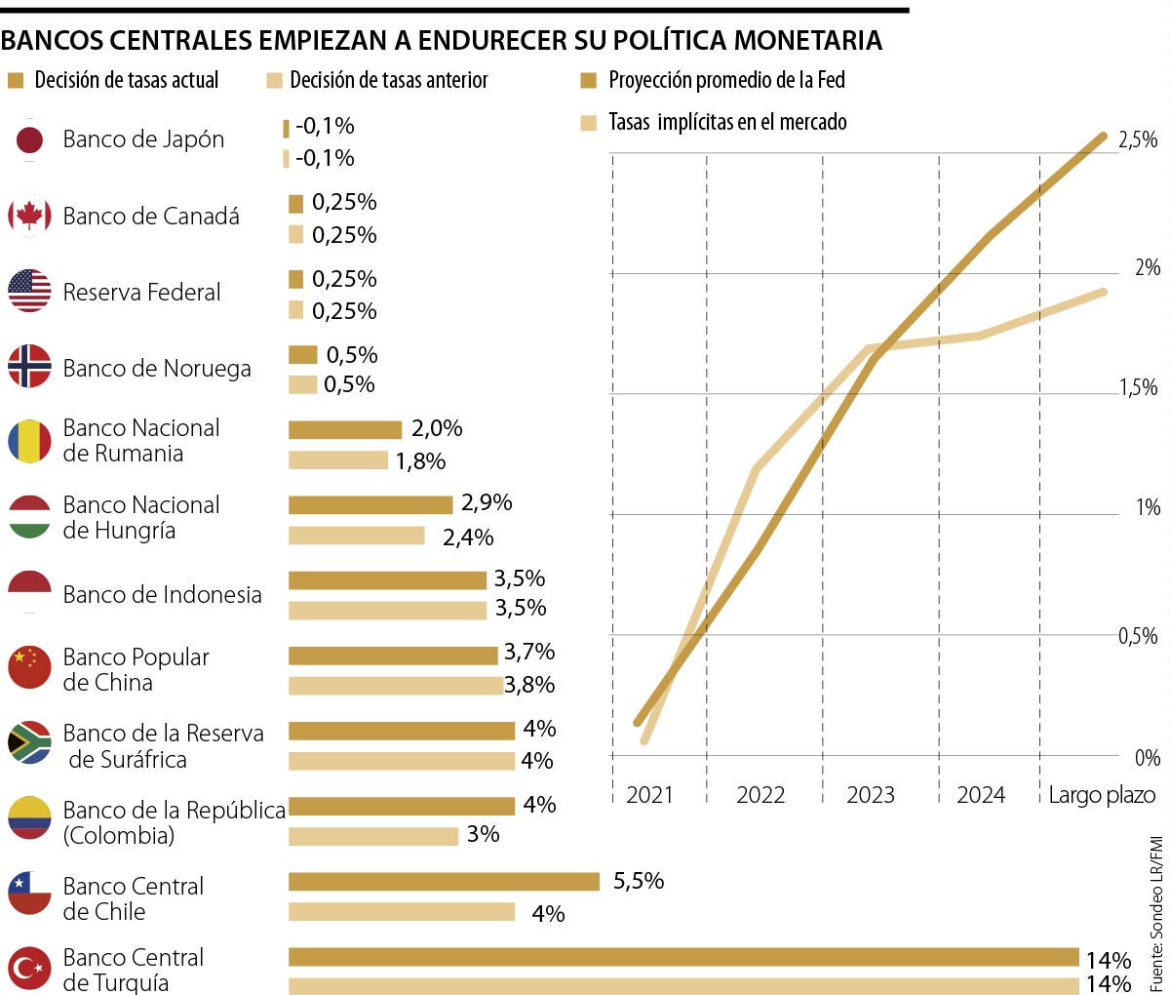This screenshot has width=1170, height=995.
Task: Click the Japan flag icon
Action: click(x=29, y=139)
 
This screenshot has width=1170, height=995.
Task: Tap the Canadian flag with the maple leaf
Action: click(x=29, y=216)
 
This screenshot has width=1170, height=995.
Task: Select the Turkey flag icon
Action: click(x=29, y=969)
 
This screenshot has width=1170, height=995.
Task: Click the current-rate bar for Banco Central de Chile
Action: click(x=444, y=882)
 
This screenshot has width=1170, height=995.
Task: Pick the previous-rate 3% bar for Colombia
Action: click(x=373, y=836)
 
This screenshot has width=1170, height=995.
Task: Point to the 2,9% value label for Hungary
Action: click(x=487, y=502)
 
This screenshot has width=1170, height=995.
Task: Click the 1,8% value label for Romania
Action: click(x=420, y=460)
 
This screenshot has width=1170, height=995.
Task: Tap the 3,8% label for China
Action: click(x=529, y=685)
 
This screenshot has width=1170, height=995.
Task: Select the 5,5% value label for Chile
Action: click(x=639, y=881)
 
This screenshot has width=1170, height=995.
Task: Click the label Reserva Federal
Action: click(x=141, y=292)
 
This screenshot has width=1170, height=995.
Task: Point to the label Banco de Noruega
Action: click(x=157, y=368)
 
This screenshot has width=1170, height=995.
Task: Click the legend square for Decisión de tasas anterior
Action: click(x=274, y=81)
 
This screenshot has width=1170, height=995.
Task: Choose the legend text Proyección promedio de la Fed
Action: click(x=726, y=80)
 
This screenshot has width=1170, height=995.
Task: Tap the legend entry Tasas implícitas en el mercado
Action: click(x=727, y=122)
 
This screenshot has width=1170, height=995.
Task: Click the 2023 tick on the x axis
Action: click(x=871, y=795)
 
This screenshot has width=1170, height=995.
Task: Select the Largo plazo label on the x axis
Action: click(x=1102, y=795)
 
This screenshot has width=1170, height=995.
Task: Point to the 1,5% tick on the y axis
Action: click(x=1138, y=388)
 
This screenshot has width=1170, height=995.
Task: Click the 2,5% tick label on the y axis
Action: click(x=1138, y=140)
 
